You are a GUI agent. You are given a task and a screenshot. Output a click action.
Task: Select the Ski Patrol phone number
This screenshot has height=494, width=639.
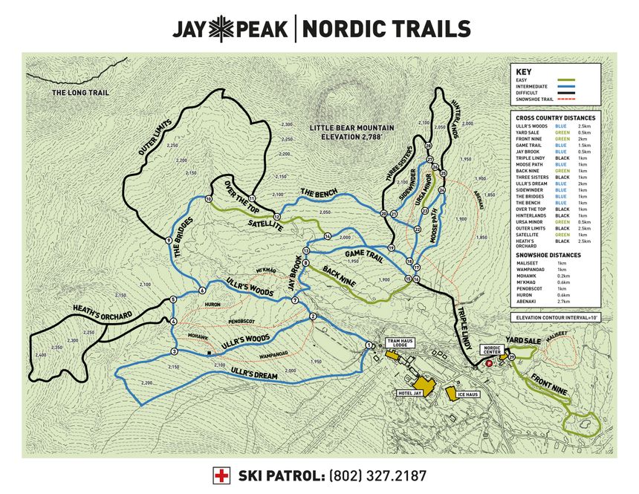tap(378, 475)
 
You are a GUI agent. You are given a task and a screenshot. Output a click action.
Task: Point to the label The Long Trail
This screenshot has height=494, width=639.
tap(80, 93)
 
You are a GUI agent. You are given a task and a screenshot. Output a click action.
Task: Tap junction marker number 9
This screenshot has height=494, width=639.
tap(169, 241)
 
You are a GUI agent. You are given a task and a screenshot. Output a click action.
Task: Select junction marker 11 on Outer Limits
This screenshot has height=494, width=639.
tap(252, 198)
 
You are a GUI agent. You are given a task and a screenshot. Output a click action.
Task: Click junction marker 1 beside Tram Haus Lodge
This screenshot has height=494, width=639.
tap(369, 345)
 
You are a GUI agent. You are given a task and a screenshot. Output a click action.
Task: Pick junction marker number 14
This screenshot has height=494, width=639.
tap(327, 236)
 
